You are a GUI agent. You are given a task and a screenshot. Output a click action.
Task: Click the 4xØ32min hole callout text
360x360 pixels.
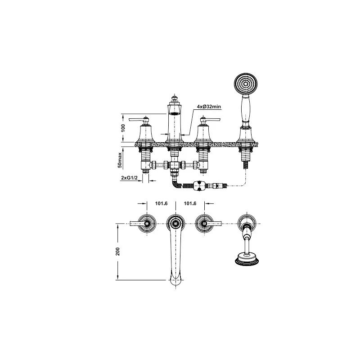click(x=209, y=107)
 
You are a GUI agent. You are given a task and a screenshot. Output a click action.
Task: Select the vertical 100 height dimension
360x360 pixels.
click(x=123, y=128)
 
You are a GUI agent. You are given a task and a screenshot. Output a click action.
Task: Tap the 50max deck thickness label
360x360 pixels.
click(x=120, y=160)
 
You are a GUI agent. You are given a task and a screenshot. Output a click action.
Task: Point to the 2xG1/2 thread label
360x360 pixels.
click(x=129, y=178)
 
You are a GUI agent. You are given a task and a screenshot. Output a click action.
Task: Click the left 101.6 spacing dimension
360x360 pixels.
click(x=161, y=203)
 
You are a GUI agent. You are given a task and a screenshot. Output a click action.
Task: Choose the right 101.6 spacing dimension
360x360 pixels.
click(x=190, y=203)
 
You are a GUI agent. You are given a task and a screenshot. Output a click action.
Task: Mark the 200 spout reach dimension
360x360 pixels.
click(x=118, y=252)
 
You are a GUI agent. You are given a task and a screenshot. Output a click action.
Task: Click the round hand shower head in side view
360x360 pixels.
click(x=246, y=84)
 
